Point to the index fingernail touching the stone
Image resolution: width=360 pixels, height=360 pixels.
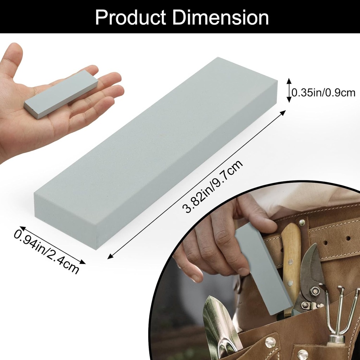(x=243, y=272)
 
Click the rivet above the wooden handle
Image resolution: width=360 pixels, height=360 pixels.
(x=301, y=222)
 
